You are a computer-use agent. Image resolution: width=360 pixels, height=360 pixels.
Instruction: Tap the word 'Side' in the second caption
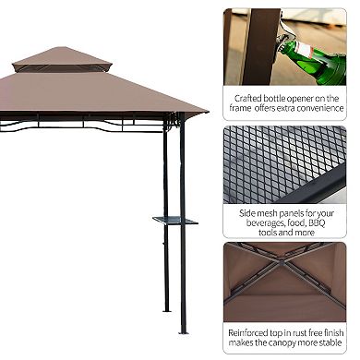248,210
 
